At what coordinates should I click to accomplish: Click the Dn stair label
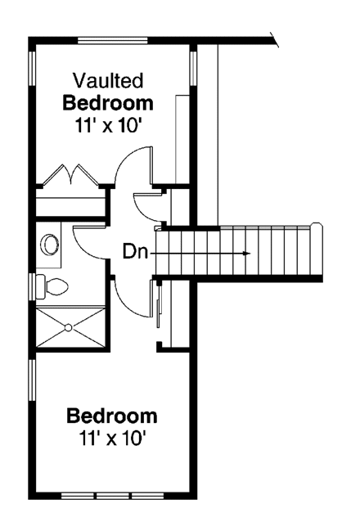(135, 252)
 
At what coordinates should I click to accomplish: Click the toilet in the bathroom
(54, 286)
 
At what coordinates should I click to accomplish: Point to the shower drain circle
(69, 327)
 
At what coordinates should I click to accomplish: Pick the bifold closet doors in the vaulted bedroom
(70, 175)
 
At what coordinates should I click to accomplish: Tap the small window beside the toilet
(32, 286)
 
